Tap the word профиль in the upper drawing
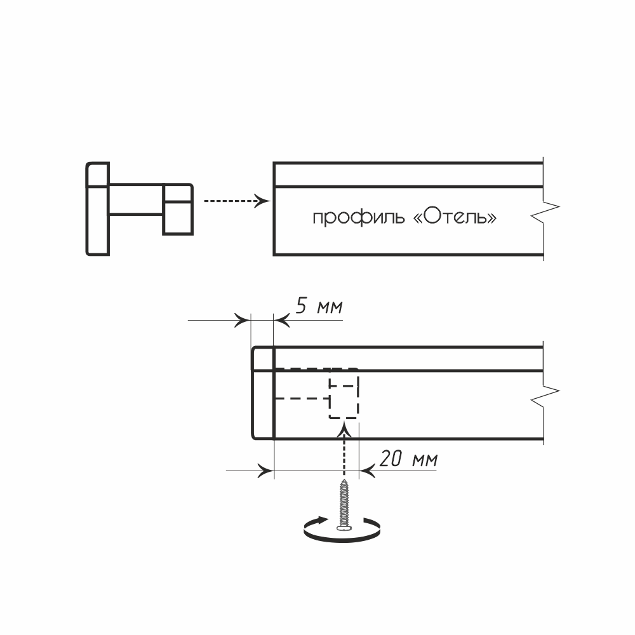click(358, 218)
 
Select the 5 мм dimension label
click(319, 307)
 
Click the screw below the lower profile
click(344, 502)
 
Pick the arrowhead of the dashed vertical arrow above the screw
click(344, 430)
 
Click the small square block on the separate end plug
click(178, 209)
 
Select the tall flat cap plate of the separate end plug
click(98, 209)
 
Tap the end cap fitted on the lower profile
click(262, 392)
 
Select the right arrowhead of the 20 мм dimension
click(368, 471)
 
